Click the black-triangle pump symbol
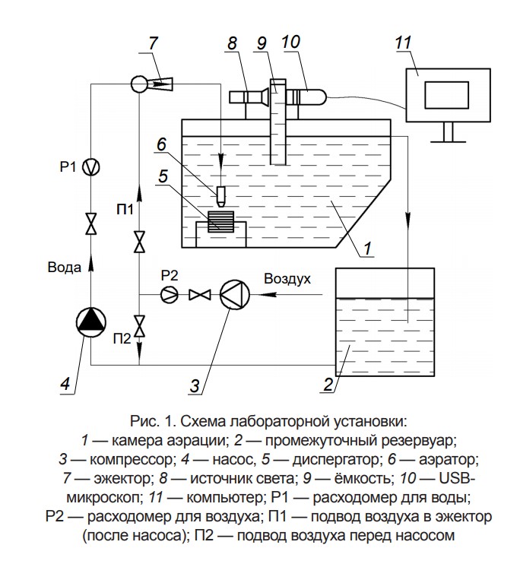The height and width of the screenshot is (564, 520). [91, 322]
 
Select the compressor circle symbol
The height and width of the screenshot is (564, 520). [235, 295]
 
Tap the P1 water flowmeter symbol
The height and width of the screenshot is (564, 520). [91, 167]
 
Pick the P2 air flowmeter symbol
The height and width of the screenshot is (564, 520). [169, 295]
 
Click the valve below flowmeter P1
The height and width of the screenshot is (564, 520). [91, 223]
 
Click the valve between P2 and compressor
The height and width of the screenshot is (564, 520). [199, 295]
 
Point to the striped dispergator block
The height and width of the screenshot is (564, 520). [220, 221]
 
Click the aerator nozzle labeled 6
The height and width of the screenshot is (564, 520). [221, 197]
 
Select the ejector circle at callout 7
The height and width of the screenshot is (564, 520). [139, 84]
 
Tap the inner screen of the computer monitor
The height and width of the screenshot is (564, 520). [446, 95]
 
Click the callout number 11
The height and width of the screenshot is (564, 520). [403, 43]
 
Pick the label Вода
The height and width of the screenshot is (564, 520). [65, 268]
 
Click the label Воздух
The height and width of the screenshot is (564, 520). [287, 279]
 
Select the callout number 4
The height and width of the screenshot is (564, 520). [65, 383]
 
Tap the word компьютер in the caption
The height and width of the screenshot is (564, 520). [226, 497]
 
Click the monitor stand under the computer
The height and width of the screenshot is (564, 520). [448, 132]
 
